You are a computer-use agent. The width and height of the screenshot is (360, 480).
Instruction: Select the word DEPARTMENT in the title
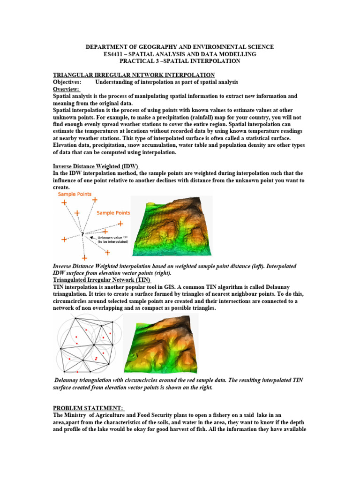tap(105, 47)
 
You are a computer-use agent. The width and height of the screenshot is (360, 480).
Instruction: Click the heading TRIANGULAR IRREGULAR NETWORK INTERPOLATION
tap(134, 75)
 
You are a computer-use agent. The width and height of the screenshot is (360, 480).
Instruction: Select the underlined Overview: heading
tap(66, 89)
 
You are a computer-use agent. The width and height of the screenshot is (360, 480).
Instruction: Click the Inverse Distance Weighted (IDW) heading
tap(96, 166)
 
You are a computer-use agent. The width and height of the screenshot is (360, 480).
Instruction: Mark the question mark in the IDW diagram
tap(82, 233)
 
